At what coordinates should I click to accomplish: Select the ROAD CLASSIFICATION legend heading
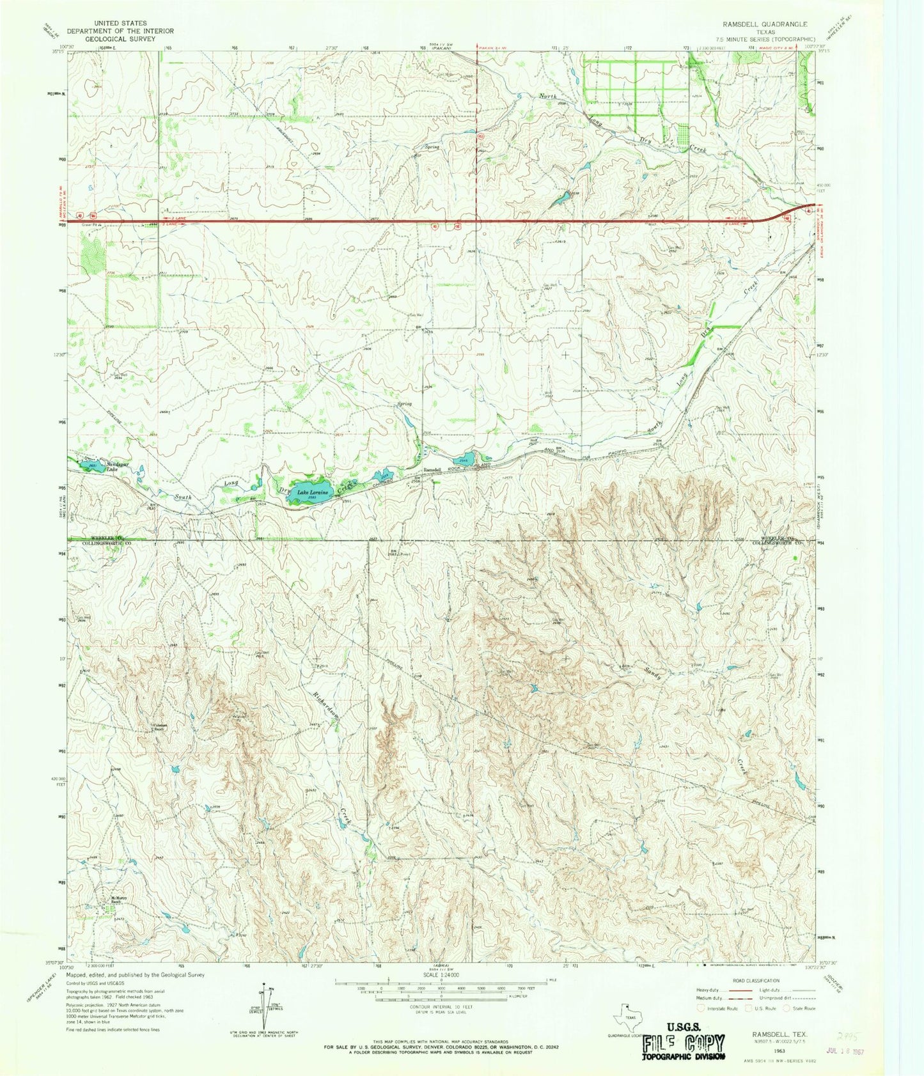click(756, 981)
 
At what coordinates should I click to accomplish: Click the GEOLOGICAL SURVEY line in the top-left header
click(121, 39)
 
